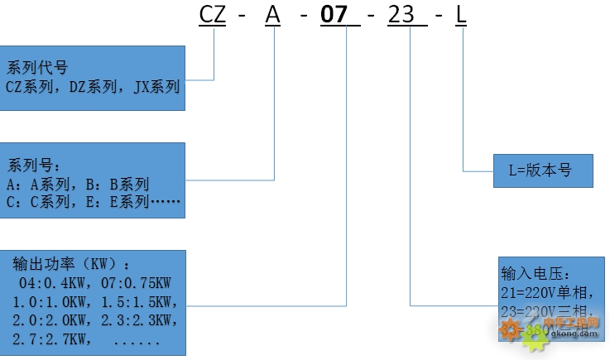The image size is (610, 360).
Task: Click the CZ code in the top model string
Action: click(x=214, y=15)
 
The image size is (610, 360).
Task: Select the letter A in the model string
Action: click(x=274, y=15)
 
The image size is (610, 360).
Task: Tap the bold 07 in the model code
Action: click(x=334, y=15)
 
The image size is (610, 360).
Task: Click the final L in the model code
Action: click(x=461, y=15)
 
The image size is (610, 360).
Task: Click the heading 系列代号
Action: click(x=37, y=67)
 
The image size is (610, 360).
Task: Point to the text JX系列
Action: click(x=156, y=85)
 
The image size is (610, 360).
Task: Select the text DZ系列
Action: click(x=96, y=85)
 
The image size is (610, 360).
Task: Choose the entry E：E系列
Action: click(x=120, y=201)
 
